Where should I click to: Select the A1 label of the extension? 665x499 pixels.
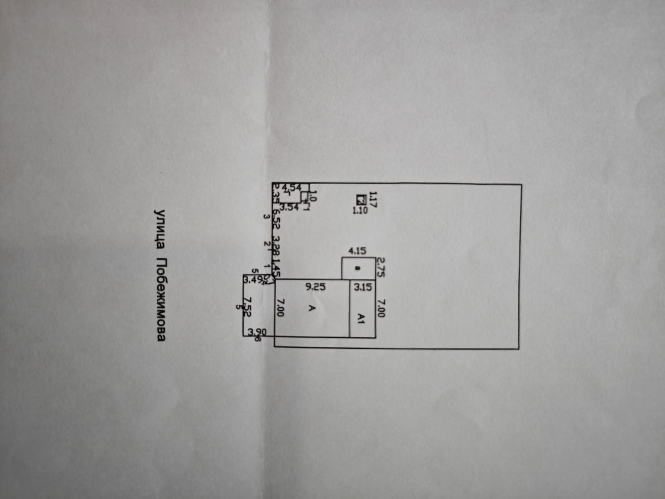coord(362,319)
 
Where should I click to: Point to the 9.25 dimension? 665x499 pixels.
coord(316,287)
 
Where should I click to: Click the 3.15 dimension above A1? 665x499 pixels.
coord(363,287)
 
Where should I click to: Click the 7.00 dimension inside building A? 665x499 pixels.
coord(280,307)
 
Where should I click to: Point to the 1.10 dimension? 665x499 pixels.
coord(360,210)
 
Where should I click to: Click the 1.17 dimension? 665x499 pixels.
coord(373,199)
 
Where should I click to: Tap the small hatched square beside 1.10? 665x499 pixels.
coord(360,199)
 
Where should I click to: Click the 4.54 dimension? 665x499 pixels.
coord(292,188)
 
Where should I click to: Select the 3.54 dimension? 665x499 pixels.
coord(289,208)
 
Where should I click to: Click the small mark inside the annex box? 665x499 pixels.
coord(357,269)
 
